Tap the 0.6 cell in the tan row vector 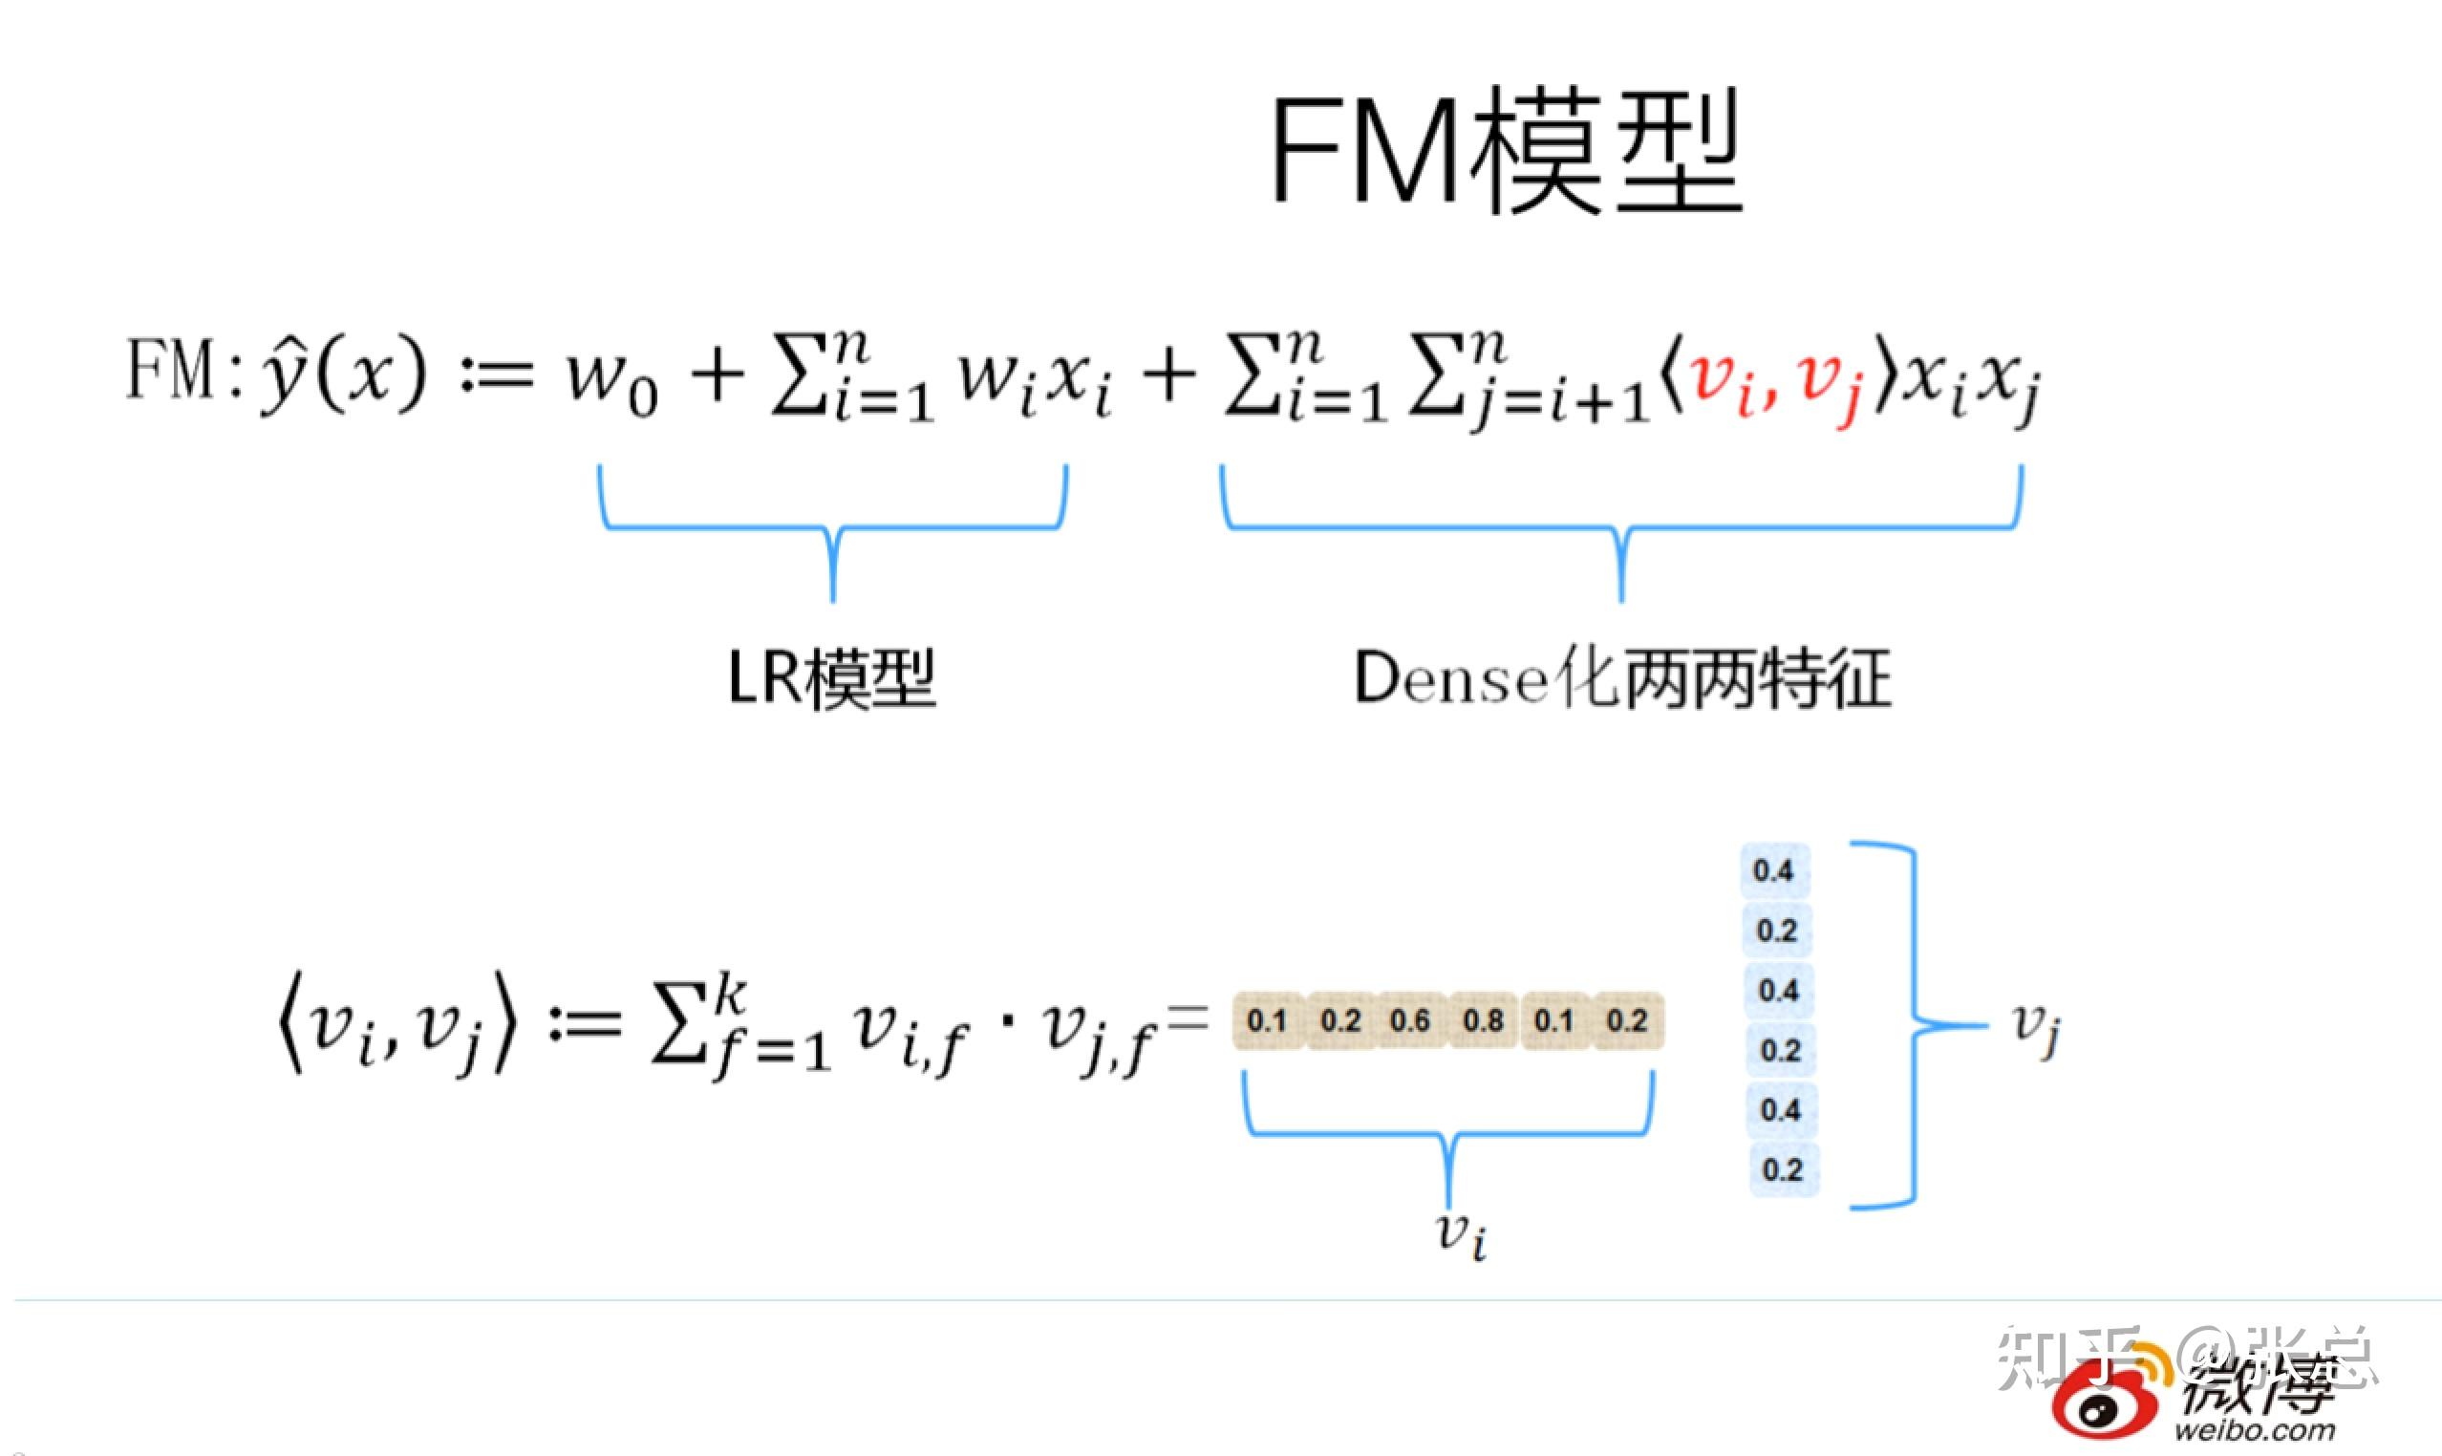coord(1410,1020)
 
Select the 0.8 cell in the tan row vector coord(1483,1020)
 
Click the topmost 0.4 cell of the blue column coord(1773,870)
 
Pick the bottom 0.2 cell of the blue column coord(1782,1169)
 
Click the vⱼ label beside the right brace coord(2035,1027)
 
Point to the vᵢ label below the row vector coord(1462,1233)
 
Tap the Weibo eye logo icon coord(2103,1407)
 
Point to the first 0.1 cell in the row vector coord(1266,1020)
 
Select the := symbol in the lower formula coord(585,1025)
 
